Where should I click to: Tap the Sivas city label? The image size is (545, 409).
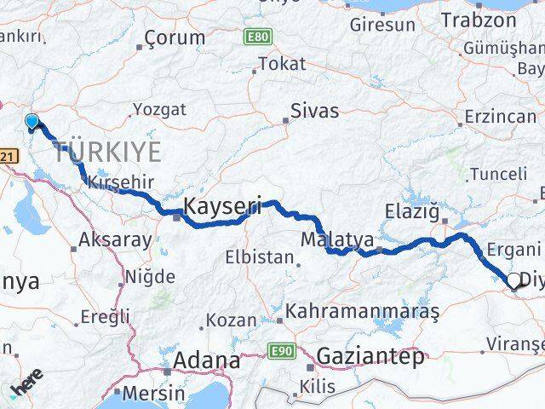(x=314, y=111)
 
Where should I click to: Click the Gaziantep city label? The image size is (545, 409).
(x=370, y=357)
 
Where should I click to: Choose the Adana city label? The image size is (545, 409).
(x=206, y=360)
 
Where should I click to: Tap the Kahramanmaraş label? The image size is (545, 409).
(x=363, y=313)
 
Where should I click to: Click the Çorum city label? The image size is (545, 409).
(x=175, y=37)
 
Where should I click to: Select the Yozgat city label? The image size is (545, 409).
(x=158, y=109)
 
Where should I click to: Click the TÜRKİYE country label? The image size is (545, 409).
(x=107, y=153)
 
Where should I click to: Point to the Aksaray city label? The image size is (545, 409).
(x=114, y=240)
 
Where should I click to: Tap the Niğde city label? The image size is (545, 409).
(x=150, y=276)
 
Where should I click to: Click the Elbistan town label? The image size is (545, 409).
(x=254, y=256)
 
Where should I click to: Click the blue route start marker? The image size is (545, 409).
(x=32, y=122)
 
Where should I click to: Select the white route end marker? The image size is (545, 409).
(x=513, y=279)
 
